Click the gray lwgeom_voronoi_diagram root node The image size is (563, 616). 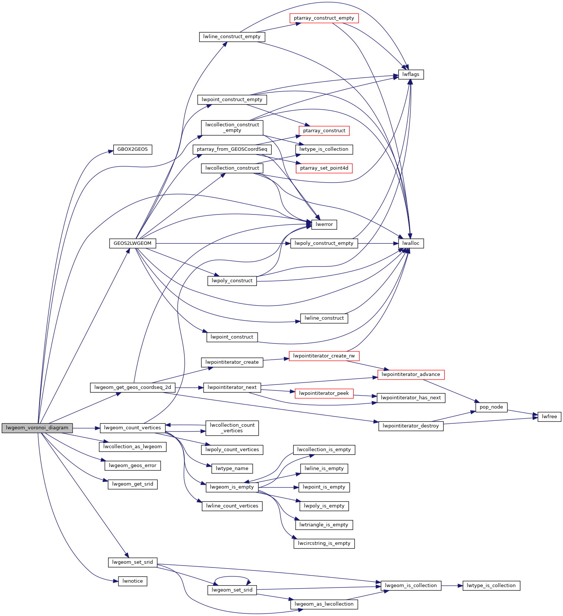coord(37,428)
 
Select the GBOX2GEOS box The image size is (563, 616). coord(133,149)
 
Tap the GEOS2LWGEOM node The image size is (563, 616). coord(133,243)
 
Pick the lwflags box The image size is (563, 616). coord(411,74)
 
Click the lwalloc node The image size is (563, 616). coord(411,243)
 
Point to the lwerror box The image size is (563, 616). coord(324,224)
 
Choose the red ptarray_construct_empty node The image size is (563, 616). coord(324,18)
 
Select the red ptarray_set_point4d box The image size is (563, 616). coord(324,168)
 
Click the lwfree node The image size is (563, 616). coord(549,417)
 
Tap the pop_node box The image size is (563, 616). coord(491,407)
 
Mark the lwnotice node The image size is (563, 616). coord(133,581)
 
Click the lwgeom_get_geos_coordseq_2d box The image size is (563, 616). coord(133,387)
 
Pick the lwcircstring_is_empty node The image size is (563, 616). coord(324,543)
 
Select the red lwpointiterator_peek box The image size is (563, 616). coord(324,393)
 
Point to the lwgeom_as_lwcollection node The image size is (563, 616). coord(324,604)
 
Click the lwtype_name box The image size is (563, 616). coord(232,469)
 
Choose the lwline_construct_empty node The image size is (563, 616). coord(232,37)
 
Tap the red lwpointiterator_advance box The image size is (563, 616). coord(411,374)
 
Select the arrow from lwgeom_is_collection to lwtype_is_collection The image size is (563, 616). coord(452,586)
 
